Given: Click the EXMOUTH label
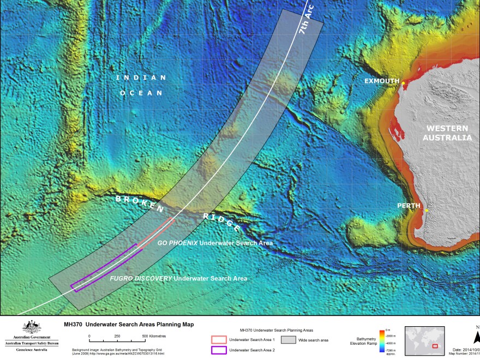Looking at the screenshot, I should point(382,81).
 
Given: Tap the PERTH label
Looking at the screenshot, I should point(409,206).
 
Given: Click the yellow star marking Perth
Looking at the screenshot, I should point(427,210).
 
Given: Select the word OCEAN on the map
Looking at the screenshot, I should point(141,93).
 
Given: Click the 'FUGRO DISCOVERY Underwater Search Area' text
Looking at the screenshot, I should point(178,278).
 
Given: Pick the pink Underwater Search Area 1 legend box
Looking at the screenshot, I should point(218,340).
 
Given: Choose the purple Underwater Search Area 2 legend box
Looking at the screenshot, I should point(218,350).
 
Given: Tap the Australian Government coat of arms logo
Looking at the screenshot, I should point(31,327).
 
